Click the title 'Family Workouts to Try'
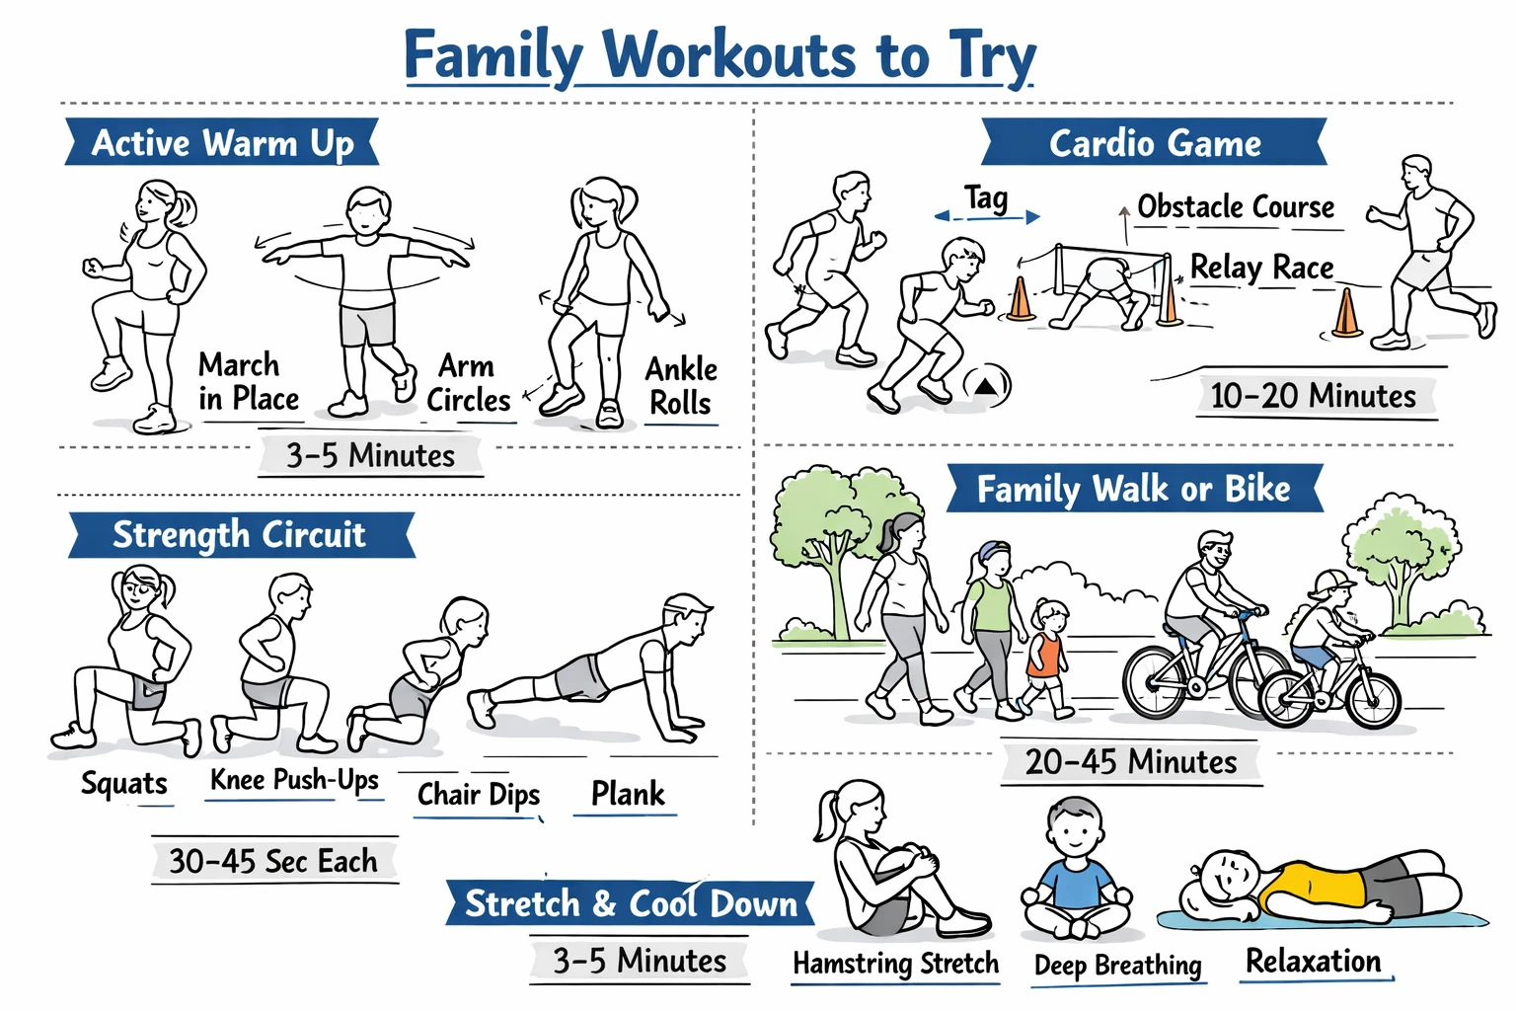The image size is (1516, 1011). pyautogui.click(x=720, y=55)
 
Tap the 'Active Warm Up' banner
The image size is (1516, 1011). pyautogui.click(x=222, y=143)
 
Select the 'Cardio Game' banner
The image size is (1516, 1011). pyautogui.click(x=1154, y=143)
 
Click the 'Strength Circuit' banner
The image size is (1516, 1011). pyautogui.click(x=240, y=535)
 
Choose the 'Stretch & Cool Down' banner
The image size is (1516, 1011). pyautogui.click(x=630, y=903)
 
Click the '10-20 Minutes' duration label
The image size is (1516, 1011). pyautogui.click(x=1313, y=397)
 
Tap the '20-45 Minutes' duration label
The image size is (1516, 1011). pyautogui.click(x=1131, y=762)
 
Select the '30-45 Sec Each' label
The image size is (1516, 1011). pyautogui.click(x=273, y=861)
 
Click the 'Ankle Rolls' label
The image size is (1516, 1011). pyautogui.click(x=681, y=386)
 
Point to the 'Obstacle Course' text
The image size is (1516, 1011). pyautogui.click(x=1236, y=207)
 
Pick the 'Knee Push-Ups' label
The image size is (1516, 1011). pyautogui.click(x=294, y=780)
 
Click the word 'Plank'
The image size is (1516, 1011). pyautogui.click(x=628, y=794)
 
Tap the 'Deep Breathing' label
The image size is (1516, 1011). pyautogui.click(x=1117, y=965)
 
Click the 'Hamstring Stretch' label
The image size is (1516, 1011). pyautogui.click(x=895, y=964)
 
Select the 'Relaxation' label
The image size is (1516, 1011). pyautogui.click(x=1313, y=961)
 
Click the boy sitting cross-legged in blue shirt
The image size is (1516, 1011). pyautogui.click(x=1076, y=874)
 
